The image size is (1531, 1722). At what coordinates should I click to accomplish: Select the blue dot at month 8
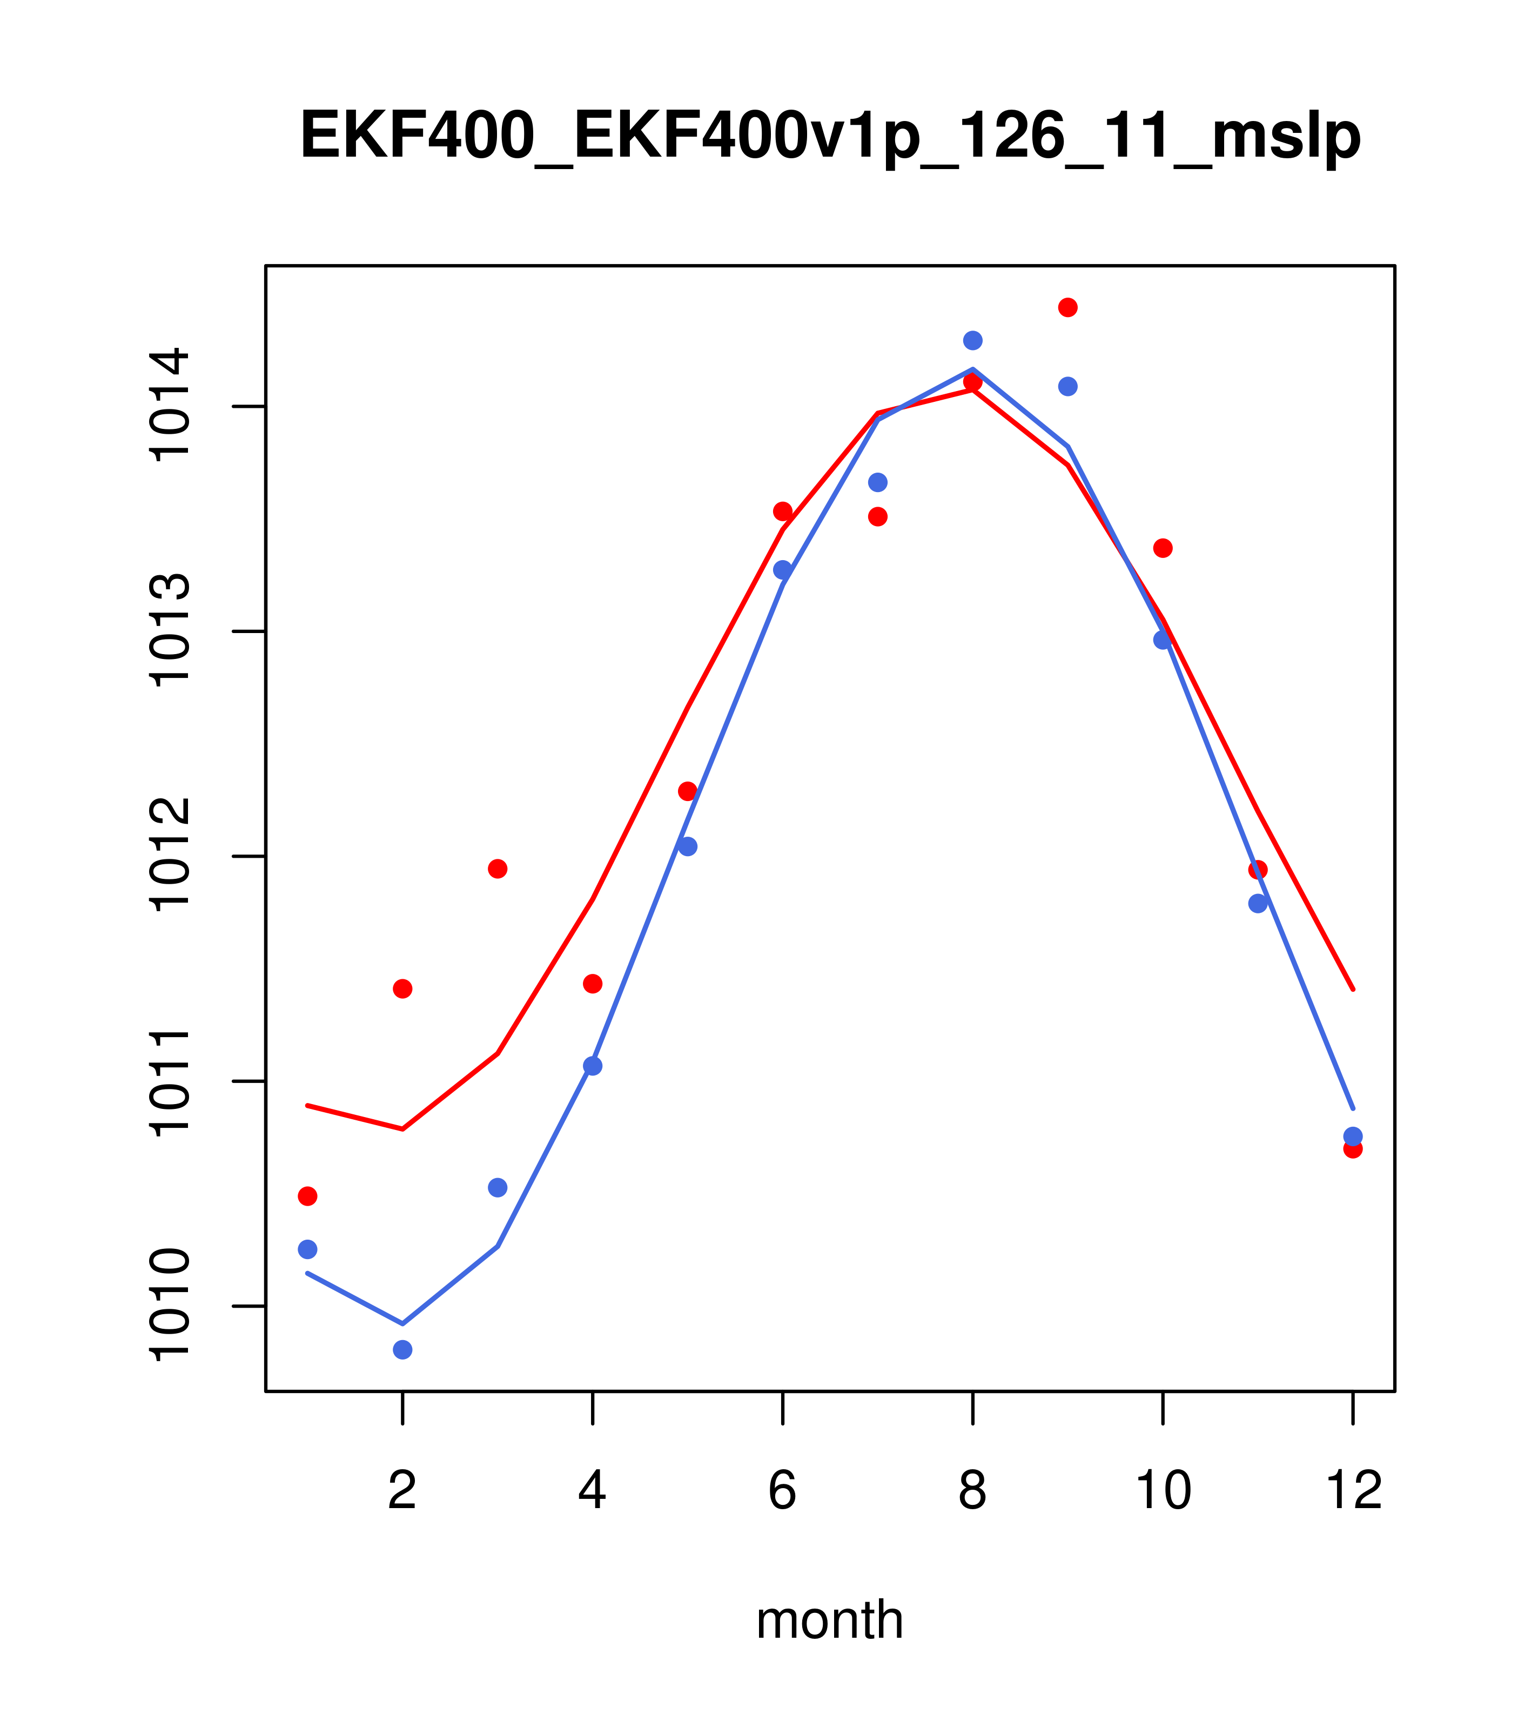(x=972, y=340)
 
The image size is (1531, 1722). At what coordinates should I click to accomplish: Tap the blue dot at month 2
(x=403, y=1350)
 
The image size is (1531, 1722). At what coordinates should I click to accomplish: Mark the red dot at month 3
(x=498, y=869)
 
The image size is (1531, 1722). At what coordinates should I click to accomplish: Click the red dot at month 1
(x=307, y=1196)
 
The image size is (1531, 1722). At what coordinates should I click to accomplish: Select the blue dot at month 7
(x=877, y=482)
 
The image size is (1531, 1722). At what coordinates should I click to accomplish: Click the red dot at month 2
(x=403, y=988)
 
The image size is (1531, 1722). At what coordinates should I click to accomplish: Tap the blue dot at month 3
(x=498, y=1188)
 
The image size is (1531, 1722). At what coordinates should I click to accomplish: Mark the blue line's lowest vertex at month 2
(x=403, y=1323)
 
